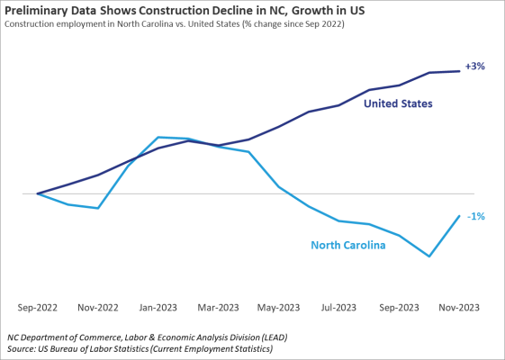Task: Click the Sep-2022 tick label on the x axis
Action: [x=37, y=307]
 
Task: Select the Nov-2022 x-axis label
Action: [x=97, y=307]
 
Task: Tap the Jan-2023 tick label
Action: [x=158, y=307]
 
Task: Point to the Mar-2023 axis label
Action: [x=218, y=307]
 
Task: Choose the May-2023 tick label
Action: [x=278, y=307]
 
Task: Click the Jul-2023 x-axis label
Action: [x=339, y=307]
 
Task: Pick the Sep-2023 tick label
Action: [x=399, y=307]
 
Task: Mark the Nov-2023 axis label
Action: [x=460, y=307]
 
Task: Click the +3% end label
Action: [x=475, y=67]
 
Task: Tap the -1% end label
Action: [x=475, y=216]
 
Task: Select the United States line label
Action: [x=398, y=104]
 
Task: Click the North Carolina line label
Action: [x=347, y=245]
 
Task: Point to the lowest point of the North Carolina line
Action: [x=429, y=256]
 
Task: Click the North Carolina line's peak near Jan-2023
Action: [x=158, y=138]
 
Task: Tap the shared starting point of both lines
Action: [x=37, y=193]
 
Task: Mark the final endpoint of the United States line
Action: [x=460, y=71]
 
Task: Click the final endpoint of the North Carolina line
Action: [x=460, y=216]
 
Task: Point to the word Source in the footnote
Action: [x=25, y=347]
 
